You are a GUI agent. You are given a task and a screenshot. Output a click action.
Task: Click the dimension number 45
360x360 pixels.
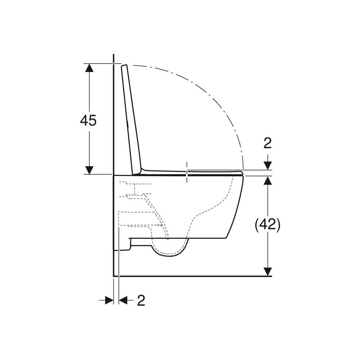pos(89,120)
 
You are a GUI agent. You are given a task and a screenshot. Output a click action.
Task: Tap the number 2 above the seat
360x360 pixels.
pos(268,143)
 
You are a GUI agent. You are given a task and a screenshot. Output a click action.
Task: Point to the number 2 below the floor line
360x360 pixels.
pos(141,300)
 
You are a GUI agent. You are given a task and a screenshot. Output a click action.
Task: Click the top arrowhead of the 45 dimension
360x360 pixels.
pos(89,68)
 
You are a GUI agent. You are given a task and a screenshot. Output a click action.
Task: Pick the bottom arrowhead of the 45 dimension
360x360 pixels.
pos(89,170)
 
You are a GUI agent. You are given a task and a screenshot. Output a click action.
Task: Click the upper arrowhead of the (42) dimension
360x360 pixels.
pos(268,180)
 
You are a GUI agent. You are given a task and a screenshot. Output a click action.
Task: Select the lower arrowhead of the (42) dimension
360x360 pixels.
pos(268,271)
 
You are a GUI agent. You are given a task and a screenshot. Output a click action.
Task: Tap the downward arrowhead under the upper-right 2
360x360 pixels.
pos(268,166)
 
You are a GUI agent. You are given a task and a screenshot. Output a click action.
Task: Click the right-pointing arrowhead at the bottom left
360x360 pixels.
pos(109,300)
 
